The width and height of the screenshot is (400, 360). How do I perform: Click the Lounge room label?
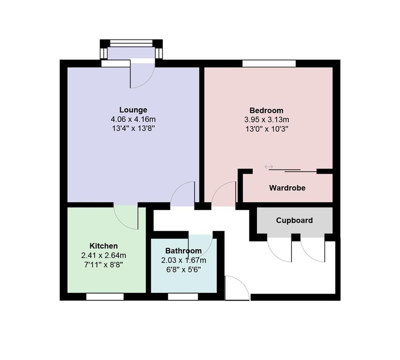133,110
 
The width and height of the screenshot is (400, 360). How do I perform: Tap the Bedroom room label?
266,110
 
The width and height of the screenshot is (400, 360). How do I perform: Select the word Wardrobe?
287,188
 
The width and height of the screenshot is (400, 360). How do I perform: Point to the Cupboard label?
294,220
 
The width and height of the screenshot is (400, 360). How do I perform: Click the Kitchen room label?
104,246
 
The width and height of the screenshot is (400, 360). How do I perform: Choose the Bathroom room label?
183,251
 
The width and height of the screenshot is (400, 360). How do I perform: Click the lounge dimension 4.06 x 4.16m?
133,119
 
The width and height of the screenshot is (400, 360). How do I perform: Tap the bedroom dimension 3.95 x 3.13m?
266,120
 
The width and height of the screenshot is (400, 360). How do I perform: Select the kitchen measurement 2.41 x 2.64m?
104,255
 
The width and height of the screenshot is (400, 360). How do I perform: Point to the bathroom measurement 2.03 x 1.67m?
183,260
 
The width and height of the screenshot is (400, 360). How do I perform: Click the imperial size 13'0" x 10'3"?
266,129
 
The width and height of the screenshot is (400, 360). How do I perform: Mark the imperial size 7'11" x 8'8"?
104,264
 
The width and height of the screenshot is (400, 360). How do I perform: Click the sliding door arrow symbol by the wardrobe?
268,167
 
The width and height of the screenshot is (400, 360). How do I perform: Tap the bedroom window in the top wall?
269,63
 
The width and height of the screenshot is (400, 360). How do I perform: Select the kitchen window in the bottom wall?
105,297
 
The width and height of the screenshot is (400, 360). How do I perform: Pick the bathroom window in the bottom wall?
183,297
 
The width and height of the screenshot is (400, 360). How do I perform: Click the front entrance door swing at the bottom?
236,289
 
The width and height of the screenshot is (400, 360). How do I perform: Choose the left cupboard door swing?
279,250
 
